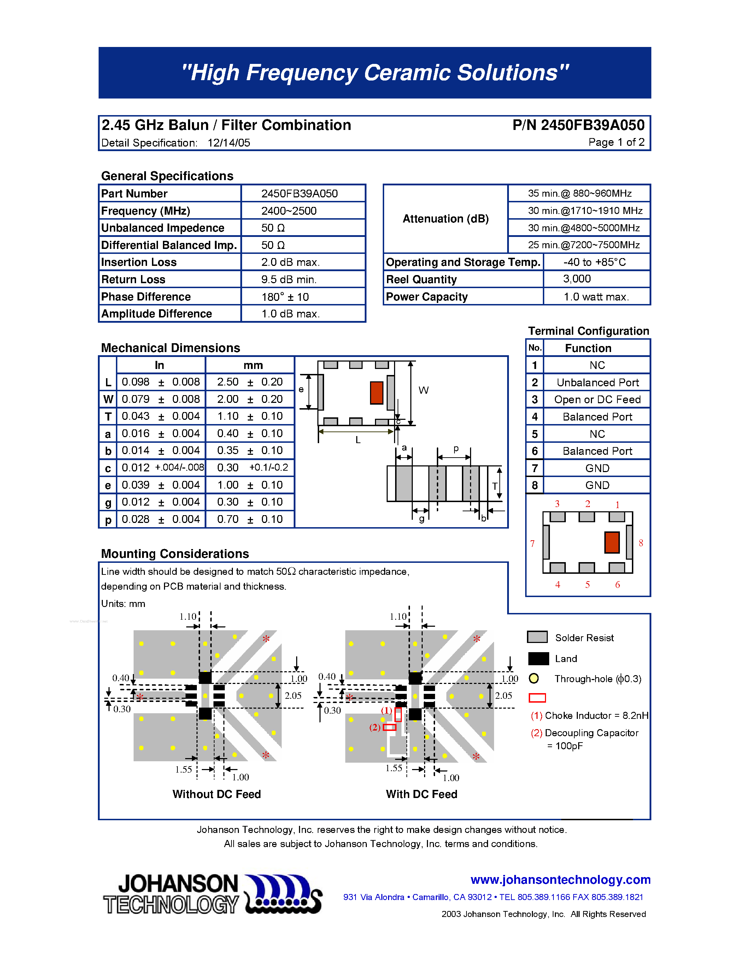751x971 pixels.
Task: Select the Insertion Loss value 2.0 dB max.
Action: pyautogui.click(x=290, y=262)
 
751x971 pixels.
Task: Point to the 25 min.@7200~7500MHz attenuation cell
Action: pyautogui.click(x=583, y=245)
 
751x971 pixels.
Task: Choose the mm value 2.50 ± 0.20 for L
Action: pyautogui.click(x=250, y=382)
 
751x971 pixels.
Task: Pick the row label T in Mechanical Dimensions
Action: pyautogui.click(x=108, y=417)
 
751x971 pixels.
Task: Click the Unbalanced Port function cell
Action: pyautogui.click(x=597, y=382)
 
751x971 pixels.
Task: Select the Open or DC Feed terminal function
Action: pyautogui.click(x=597, y=400)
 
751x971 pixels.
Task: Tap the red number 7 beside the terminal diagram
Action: pyautogui.click(x=532, y=543)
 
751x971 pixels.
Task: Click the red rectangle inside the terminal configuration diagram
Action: pyautogui.click(x=612, y=542)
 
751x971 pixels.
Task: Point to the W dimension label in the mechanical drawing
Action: pyautogui.click(x=423, y=391)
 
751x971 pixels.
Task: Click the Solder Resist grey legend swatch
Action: pyautogui.click(x=537, y=637)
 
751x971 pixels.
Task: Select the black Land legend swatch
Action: pyautogui.click(x=538, y=659)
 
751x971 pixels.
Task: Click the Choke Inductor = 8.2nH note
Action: pyautogui.click(x=589, y=715)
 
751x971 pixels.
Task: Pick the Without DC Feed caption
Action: pyautogui.click(x=217, y=794)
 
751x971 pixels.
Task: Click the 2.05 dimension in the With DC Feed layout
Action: pyautogui.click(x=504, y=695)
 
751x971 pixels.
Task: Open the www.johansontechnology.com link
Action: pyautogui.click(x=560, y=880)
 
